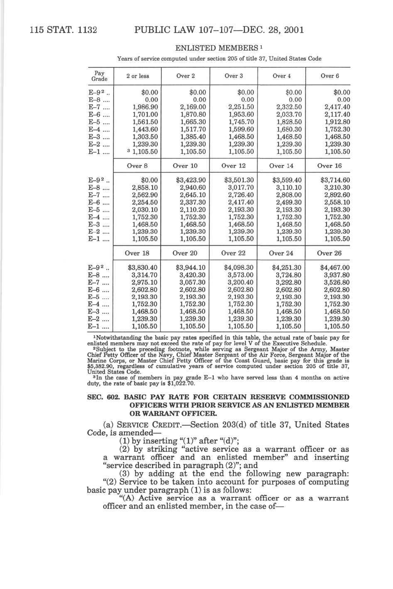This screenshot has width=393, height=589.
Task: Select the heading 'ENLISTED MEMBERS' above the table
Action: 216,48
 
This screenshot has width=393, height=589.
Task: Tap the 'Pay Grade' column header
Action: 100,76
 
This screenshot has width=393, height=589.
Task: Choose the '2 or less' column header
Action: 138,76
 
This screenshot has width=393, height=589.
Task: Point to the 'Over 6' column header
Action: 329,76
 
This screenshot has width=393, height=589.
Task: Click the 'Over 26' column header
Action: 329,253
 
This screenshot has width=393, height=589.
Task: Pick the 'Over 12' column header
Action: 233,166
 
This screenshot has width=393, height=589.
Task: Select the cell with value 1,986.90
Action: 145,107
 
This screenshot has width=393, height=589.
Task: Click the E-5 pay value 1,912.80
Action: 337,122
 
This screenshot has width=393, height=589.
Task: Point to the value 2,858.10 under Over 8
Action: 145,188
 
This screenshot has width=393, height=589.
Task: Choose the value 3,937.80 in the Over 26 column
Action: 337,275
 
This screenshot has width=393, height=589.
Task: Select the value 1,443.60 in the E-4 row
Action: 145,129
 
